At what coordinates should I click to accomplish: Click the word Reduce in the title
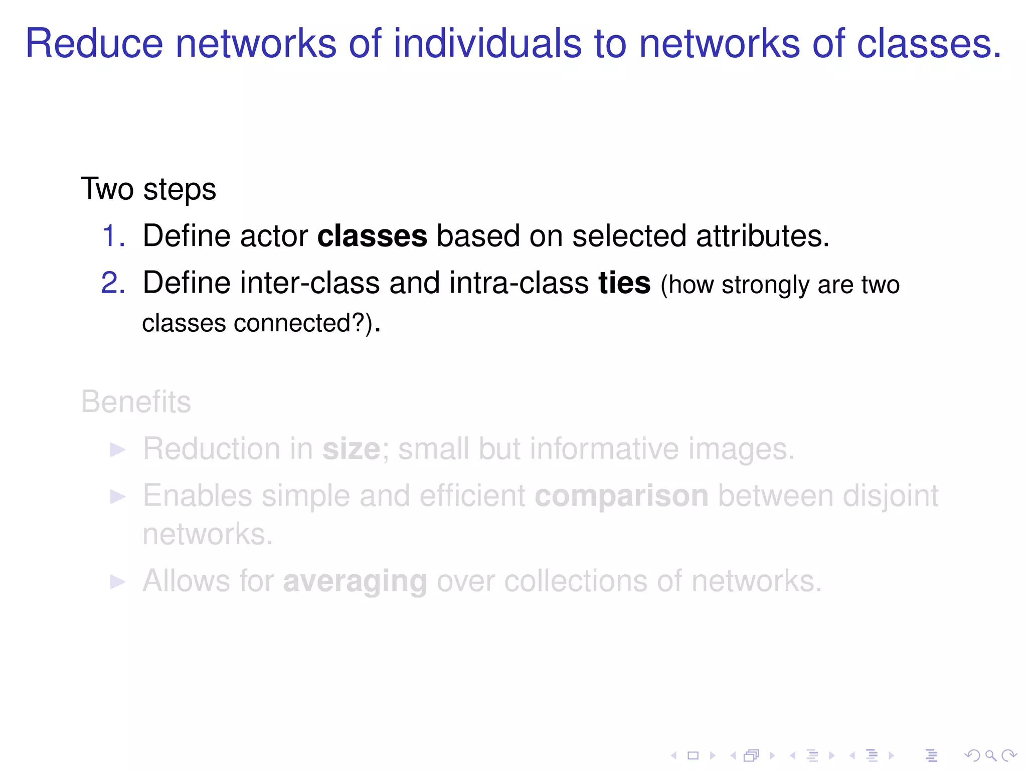point(94,44)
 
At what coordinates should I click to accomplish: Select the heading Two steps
point(148,189)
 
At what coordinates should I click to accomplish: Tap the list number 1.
point(113,236)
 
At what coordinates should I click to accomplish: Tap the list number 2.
point(113,283)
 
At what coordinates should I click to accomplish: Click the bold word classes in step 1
point(372,236)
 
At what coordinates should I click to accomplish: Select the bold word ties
point(624,283)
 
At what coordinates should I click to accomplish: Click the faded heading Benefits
point(136,402)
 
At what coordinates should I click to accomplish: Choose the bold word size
point(351,449)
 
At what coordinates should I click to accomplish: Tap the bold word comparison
point(621,496)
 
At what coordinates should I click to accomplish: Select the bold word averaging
point(355,581)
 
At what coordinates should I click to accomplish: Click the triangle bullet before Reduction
point(117,450)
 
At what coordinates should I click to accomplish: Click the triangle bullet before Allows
point(117,582)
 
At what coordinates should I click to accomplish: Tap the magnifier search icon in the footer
point(990,755)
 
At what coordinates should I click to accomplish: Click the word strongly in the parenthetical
point(766,285)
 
